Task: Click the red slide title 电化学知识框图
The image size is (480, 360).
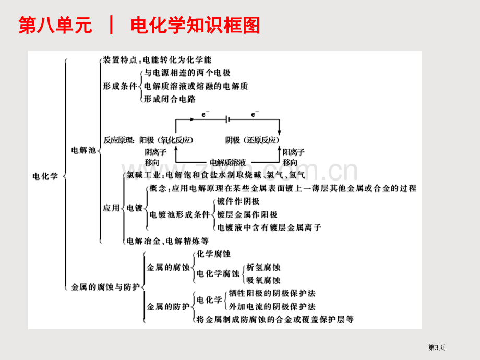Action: point(195,25)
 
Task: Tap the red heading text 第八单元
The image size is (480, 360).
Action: point(55,25)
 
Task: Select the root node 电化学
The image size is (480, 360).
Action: point(45,176)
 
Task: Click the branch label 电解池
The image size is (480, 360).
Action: point(83,150)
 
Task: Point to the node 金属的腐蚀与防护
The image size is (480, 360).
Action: point(105,287)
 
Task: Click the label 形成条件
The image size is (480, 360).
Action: point(119,86)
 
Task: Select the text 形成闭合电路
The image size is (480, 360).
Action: point(170,99)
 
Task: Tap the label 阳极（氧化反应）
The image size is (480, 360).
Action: point(166,140)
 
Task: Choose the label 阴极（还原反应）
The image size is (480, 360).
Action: point(253,140)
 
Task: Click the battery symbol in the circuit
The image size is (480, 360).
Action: point(227,119)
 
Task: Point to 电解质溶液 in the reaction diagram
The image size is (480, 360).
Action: point(228,162)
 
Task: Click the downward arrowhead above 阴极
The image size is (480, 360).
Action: point(279,132)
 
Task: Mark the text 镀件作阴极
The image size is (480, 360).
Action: point(238,201)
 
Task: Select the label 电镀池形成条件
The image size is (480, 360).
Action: point(179,214)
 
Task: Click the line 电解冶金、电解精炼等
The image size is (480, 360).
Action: point(168,241)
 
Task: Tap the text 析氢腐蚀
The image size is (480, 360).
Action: point(263,267)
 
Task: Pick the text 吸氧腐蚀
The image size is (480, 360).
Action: point(263,280)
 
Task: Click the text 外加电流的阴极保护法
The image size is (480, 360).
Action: point(272,306)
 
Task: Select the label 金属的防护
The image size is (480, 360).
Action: point(169,306)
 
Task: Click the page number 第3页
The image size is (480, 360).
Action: point(436,347)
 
